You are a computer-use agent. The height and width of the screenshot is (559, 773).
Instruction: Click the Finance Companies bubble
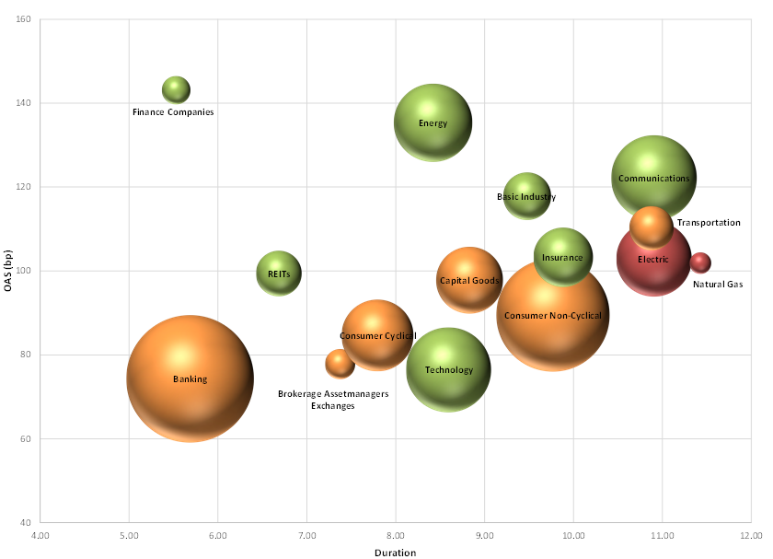click(176, 89)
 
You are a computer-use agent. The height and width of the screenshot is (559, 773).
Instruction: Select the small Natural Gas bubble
click(700, 262)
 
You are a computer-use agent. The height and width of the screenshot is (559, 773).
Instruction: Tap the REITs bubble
click(278, 273)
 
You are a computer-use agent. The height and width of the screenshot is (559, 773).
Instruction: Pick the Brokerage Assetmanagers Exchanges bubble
click(340, 364)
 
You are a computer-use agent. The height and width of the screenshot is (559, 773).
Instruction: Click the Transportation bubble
click(652, 226)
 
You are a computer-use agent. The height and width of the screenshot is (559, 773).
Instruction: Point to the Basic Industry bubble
click(526, 196)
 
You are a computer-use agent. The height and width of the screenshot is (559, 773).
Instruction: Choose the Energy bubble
click(433, 122)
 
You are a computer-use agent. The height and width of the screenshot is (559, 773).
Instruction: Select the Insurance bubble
click(562, 257)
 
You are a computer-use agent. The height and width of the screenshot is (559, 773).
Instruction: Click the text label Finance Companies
click(173, 112)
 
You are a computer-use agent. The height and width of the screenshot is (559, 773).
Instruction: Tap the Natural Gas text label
click(718, 285)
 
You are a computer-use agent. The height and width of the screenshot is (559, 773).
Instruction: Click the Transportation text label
click(709, 223)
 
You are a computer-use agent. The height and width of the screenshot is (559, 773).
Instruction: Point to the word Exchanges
click(333, 406)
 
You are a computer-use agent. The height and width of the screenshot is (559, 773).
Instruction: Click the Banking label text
click(190, 379)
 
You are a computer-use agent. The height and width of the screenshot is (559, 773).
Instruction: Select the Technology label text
click(448, 370)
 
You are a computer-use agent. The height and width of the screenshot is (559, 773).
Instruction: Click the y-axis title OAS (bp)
click(8, 270)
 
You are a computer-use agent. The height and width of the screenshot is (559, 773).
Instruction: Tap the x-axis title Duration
click(395, 553)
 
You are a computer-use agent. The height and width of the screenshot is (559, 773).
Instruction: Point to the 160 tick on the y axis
click(24, 19)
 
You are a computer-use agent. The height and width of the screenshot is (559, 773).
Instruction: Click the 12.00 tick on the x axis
click(751, 533)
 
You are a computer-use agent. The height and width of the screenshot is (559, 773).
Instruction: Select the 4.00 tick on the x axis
click(40, 533)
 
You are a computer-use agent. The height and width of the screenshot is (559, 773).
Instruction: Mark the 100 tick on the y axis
click(24, 271)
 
